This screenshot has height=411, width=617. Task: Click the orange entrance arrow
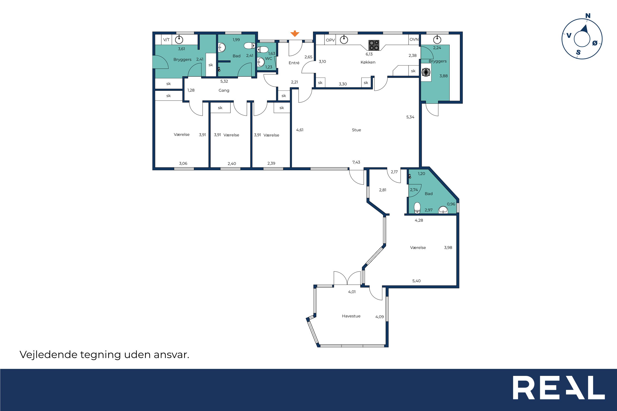pos(295,33)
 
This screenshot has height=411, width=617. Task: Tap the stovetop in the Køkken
pos(374,45)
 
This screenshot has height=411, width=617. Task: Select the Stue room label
pos(356,130)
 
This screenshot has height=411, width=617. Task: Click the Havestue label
pos(351,316)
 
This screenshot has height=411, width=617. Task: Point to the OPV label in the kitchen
pos(330,40)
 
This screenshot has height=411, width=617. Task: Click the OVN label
pos(414,39)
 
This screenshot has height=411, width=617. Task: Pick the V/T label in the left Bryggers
pos(166,40)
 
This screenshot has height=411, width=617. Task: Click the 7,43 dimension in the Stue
pos(356,162)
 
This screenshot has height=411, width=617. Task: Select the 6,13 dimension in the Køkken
pos(369,54)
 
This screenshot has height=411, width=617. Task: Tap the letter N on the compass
pos(588,16)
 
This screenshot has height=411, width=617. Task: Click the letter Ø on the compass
pos(595,43)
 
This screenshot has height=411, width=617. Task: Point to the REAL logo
pos(559,391)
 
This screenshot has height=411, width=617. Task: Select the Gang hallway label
pos(224,90)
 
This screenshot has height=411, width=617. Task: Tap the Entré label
pos(294,63)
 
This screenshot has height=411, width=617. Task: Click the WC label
pos(268,59)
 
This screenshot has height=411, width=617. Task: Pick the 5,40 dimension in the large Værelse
pos(416,281)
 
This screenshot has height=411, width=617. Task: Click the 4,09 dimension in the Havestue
pos(379,317)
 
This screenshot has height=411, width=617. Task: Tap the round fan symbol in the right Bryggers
pos(426,72)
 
